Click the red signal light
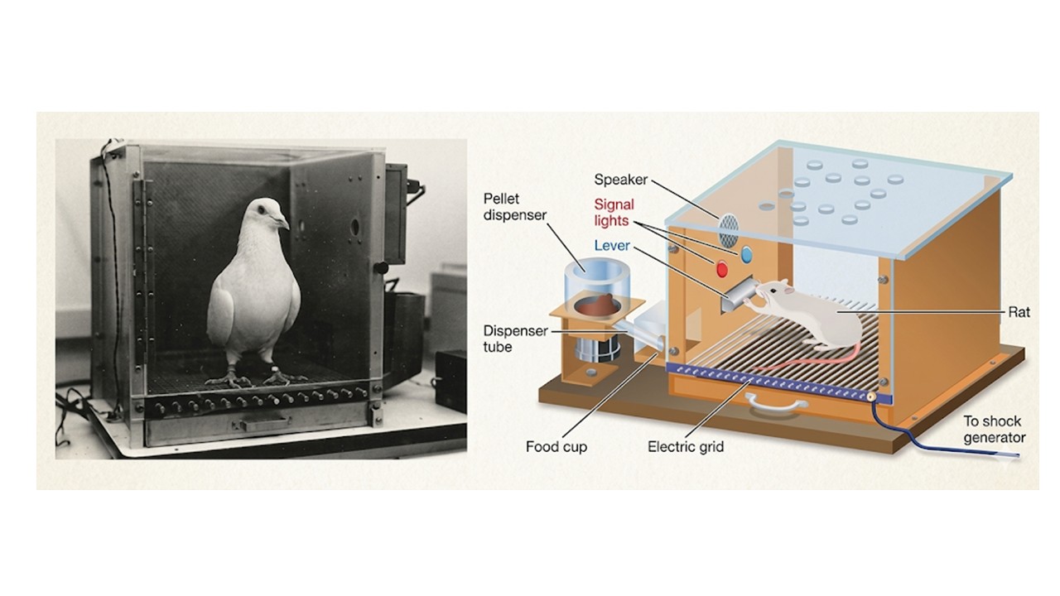click(x=721, y=269)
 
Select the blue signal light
click(x=746, y=254)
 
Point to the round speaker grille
click(x=729, y=230)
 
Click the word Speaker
click(x=620, y=180)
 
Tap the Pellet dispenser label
click(x=515, y=207)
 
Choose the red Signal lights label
click(x=614, y=213)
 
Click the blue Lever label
click(x=612, y=246)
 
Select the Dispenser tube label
click(x=515, y=339)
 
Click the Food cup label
click(x=556, y=446)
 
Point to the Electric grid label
click(x=685, y=446)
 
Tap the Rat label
click(x=1019, y=312)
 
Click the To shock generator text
click(x=995, y=429)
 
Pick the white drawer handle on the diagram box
click(x=777, y=404)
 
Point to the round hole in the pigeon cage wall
click(x=354, y=227)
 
